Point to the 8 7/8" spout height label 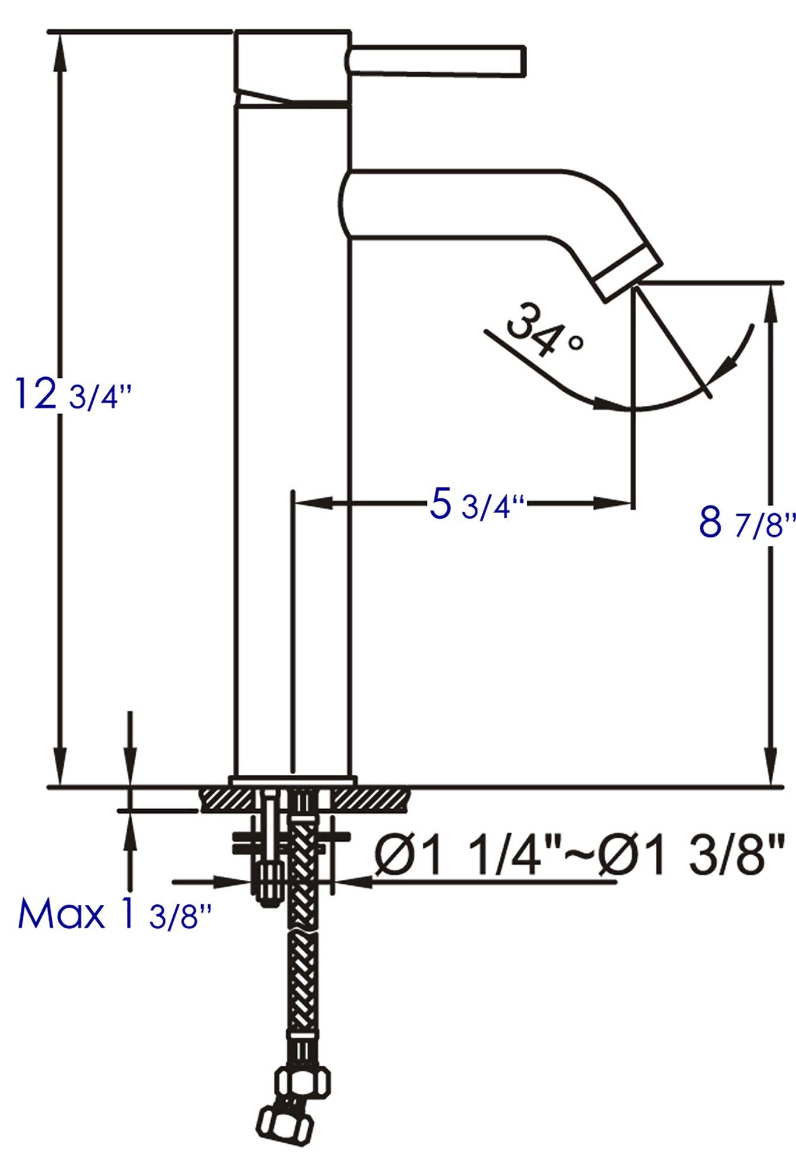click(746, 523)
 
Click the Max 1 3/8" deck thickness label click(114, 914)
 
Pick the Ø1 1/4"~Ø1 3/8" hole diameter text click(577, 857)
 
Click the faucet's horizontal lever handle click(437, 59)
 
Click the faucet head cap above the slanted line click(292, 64)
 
